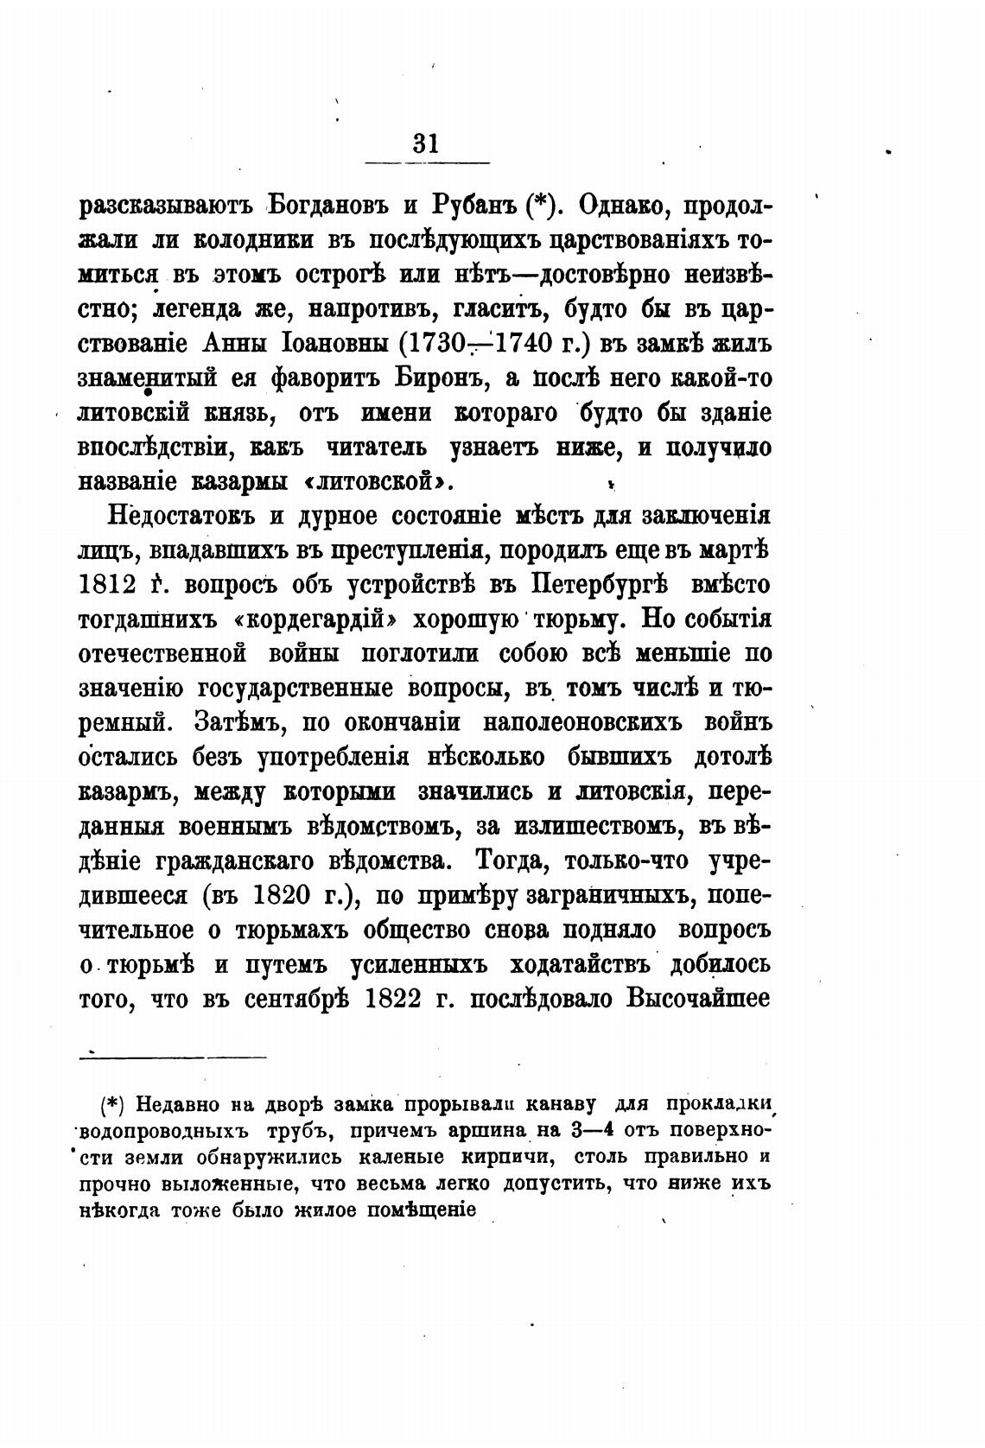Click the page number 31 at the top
[426, 142]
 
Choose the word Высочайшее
[698, 999]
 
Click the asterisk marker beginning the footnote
[114, 1104]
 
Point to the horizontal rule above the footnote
[173, 1055]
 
